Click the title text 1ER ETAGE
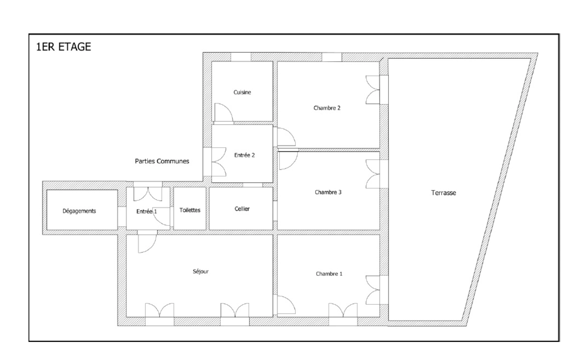tap(63, 47)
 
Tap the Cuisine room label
tap(242, 92)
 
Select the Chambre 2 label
tap(327, 108)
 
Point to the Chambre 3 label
tap(328, 192)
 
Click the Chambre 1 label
tap(329, 274)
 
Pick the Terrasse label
tap(443, 193)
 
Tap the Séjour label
tap(201, 272)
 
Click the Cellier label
tap(242, 209)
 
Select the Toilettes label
tap(190, 210)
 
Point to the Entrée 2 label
tap(244, 155)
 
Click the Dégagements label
tap(79, 211)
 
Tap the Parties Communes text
tap(162, 161)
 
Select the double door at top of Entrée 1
tap(148, 194)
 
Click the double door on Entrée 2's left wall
tap(219, 162)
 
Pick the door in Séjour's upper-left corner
tap(147, 243)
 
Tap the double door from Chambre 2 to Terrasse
tap(373, 90)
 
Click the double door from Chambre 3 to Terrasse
tap(373, 174)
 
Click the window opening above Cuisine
tap(241, 57)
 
